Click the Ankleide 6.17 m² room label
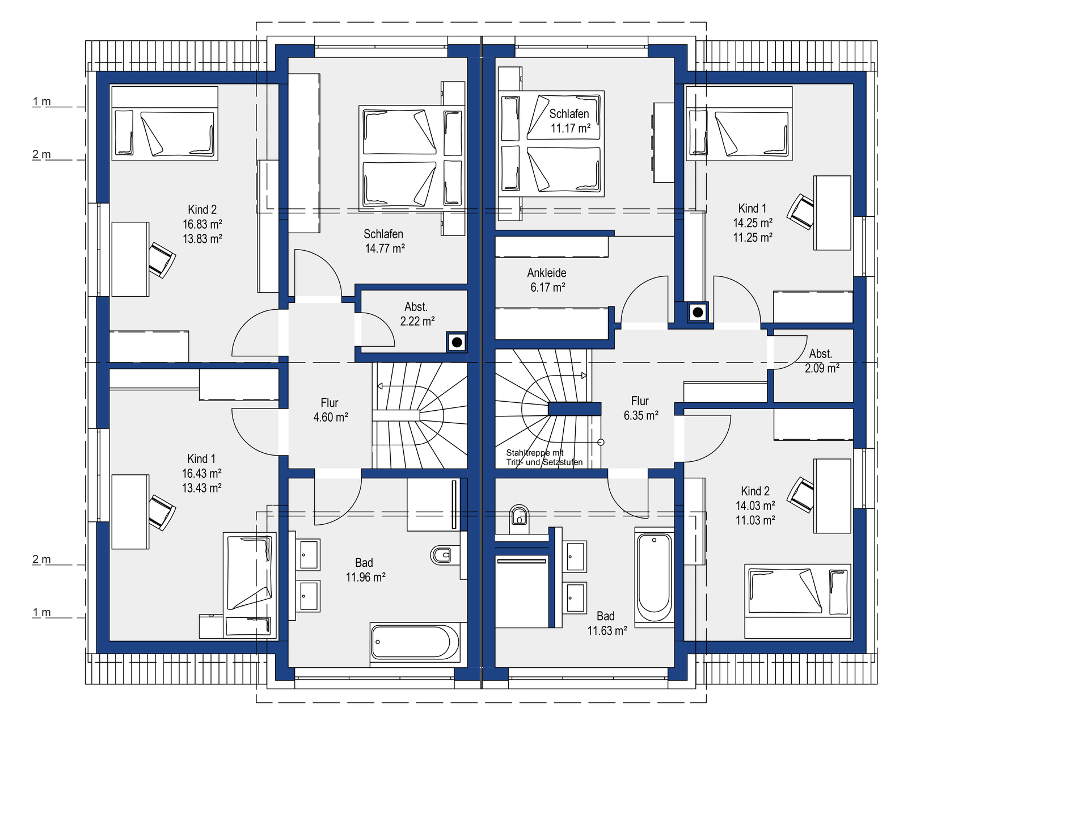547,280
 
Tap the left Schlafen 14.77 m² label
385,241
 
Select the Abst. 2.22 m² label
417,314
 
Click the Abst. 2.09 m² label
822,361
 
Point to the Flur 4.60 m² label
331,410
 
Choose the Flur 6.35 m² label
641,408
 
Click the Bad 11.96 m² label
366,570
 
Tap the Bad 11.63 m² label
607,623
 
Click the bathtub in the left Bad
415,642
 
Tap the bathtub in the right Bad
655,577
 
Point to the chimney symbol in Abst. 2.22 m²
457,342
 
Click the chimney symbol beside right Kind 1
698,312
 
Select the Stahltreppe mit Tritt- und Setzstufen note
544,457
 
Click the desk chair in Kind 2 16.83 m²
162,260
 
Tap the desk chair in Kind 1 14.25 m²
800,212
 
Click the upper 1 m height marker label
41,102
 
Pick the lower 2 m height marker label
41,559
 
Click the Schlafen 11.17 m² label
570,121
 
